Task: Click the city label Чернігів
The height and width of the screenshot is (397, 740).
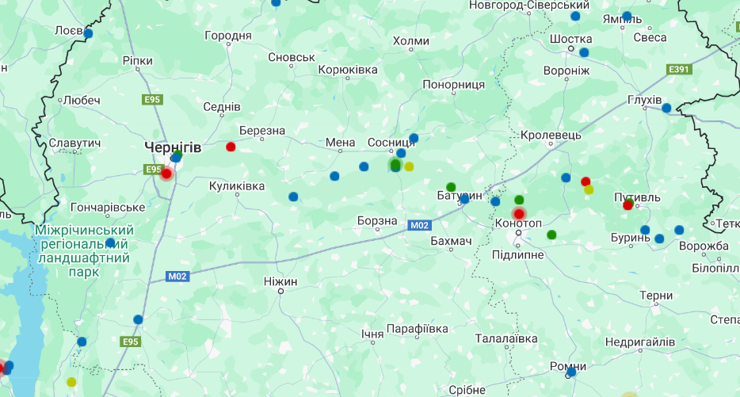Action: [173, 147]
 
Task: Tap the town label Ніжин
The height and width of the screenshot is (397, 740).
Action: [280, 281]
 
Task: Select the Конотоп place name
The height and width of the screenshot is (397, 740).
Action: [518, 223]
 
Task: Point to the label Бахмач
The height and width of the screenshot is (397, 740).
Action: [451, 240]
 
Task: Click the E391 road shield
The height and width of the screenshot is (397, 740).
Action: [679, 70]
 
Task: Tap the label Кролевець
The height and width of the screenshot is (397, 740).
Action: [551, 136]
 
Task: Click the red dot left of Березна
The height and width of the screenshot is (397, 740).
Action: [231, 147]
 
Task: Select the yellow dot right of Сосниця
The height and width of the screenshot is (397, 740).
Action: [409, 166]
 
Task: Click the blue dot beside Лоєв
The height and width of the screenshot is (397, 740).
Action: [88, 33]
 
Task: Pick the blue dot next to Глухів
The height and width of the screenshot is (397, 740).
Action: [666, 108]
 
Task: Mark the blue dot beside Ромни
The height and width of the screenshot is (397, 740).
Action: [571, 372]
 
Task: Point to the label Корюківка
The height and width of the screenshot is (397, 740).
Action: [348, 71]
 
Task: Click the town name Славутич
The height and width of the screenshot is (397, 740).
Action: [74, 143]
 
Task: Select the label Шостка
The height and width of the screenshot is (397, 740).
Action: [570, 39]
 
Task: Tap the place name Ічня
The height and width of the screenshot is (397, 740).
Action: [372, 334]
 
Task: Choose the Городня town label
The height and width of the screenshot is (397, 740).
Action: [228, 36]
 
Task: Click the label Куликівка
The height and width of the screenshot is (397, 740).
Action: [237, 185]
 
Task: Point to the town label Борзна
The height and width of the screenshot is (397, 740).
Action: [377, 220]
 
